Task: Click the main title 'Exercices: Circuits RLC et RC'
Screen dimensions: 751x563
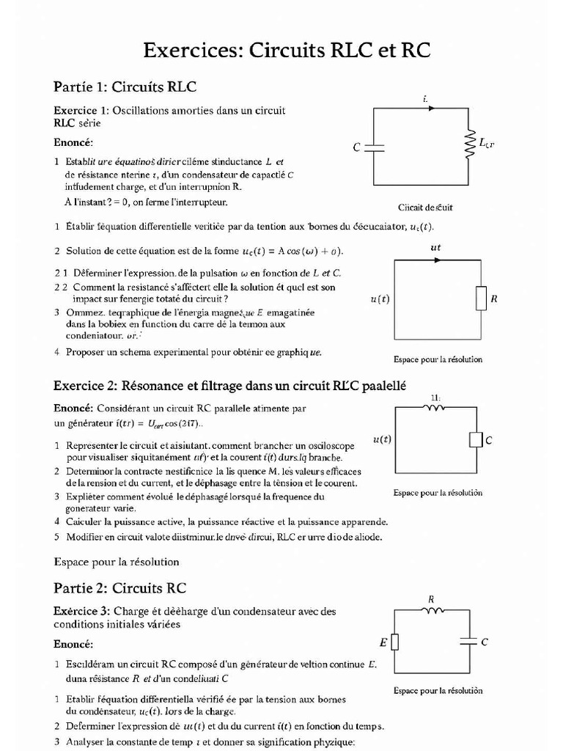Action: [x=286, y=50]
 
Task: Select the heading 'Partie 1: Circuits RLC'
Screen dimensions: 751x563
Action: [x=125, y=87]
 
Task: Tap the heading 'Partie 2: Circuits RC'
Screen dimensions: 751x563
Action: [x=120, y=588]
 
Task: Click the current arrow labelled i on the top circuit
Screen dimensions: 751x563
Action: [x=430, y=109]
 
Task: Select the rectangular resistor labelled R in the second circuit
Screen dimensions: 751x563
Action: [x=481, y=298]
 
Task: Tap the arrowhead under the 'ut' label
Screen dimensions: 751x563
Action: [x=437, y=260]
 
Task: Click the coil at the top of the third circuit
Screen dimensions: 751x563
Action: [x=435, y=409]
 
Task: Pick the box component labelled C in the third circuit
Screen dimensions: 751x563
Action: [x=474, y=440]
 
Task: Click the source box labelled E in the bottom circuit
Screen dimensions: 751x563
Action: [x=395, y=642]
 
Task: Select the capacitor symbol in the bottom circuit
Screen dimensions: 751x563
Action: [x=468, y=642]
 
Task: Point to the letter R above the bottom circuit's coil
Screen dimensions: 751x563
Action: [x=431, y=599]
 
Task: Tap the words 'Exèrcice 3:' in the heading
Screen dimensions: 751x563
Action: [x=81, y=611]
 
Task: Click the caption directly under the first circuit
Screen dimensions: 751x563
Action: [x=425, y=208]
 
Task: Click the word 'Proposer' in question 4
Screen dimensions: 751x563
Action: [x=86, y=352]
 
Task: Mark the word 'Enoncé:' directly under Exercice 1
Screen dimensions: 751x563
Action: [x=73, y=142]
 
